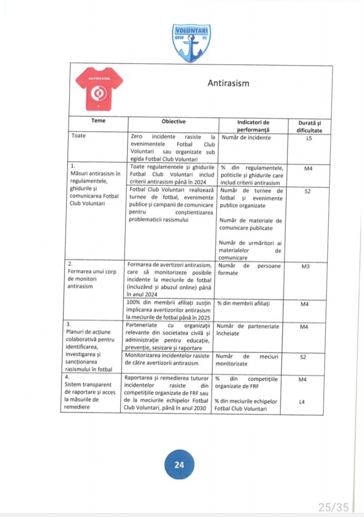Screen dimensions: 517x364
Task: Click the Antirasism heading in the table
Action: point(228,83)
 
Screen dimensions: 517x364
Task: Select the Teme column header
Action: point(98,121)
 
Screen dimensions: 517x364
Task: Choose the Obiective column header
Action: point(173,122)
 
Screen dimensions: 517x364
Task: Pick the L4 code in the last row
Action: point(302,402)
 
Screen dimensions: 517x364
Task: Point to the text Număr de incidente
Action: point(246,137)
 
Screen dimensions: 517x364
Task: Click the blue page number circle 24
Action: point(179,465)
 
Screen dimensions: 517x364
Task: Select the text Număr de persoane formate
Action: point(250,269)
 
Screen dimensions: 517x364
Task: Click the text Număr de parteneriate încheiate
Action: point(250,330)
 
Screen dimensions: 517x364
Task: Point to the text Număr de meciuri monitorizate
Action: point(250,359)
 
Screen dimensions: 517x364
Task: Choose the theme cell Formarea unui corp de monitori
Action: point(91,276)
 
